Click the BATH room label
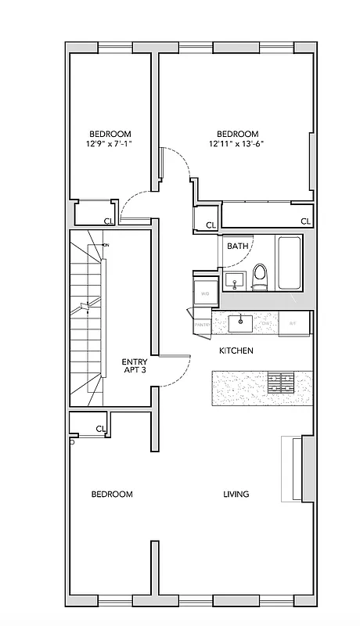(x=238, y=246)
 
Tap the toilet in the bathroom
(x=260, y=276)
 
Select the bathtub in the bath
(x=289, y=263)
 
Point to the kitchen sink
(x=239, y=320)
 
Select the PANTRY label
(x=200, y=324)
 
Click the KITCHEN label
(x=236, y=351)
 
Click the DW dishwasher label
(x=266, y=322)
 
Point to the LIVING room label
(x=236, y=494)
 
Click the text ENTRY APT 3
(x=135, y=366)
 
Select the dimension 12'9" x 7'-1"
(x=110, y=144)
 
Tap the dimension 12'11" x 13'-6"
(x=237, y=144)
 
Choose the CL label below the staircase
(x=101, y=428)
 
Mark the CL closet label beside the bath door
(x=210, y=225)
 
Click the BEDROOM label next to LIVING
(x=112, y=494)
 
